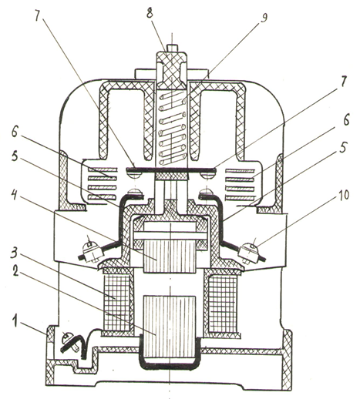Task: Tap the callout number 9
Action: (264, 18)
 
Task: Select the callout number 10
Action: (343, 195)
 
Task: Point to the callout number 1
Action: (15, 321)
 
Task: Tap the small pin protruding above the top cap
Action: (171, 48)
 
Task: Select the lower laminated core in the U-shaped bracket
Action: (170, 327)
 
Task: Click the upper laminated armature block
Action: (170, 256)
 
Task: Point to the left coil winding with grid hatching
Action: (116, 302)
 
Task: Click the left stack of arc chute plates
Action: (103, 183)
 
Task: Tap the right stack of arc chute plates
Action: (240, 183)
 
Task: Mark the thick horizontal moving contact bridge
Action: (170, 169)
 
